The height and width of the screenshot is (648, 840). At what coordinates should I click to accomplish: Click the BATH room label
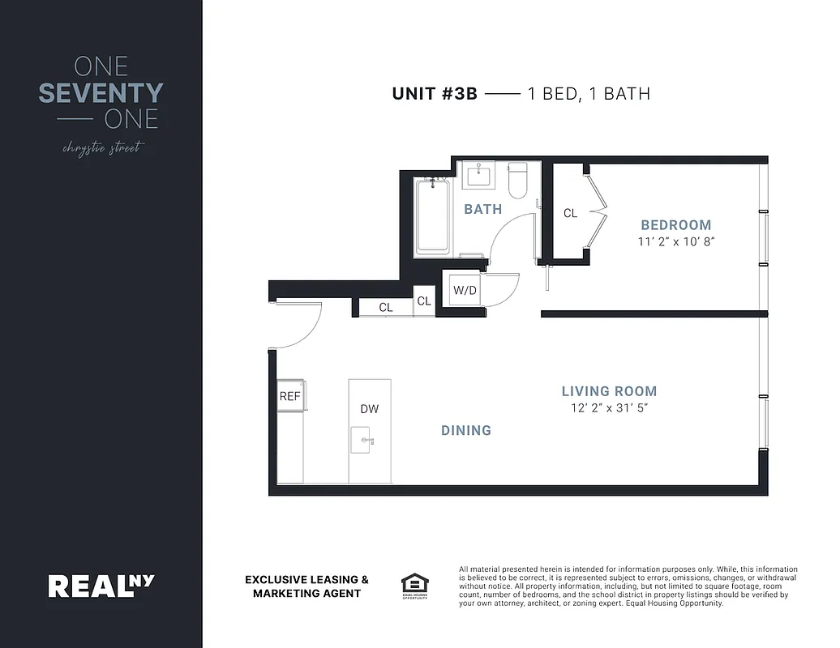(x=482, y=209)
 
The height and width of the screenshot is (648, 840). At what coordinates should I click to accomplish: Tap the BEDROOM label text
(x=675, y=225)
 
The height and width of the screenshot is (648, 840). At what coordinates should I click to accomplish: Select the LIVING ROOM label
(x=609, y=391)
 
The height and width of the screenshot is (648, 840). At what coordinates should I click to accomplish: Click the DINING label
(x=466, y=430)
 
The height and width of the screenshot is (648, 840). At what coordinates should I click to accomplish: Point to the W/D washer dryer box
(x=464, y=290)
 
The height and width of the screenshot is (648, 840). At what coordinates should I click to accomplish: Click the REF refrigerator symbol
(x=290, y=396)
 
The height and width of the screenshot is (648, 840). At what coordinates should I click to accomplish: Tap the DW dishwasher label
(x=370, y=409)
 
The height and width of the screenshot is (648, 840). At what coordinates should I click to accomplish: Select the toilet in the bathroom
(x=517, y=180)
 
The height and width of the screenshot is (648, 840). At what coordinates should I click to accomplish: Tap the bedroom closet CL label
(x=570, y=213)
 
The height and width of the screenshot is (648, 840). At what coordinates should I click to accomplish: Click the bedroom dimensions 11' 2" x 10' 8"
(x=675, y=241)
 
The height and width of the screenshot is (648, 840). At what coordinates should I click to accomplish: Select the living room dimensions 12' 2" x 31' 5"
(x=609, y=408)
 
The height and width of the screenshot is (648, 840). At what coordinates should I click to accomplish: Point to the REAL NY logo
(x=101, y=585)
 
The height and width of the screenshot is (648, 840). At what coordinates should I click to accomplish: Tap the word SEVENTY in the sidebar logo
(x=101, y=93)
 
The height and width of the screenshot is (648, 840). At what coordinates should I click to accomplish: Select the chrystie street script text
(x=101, y=148)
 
